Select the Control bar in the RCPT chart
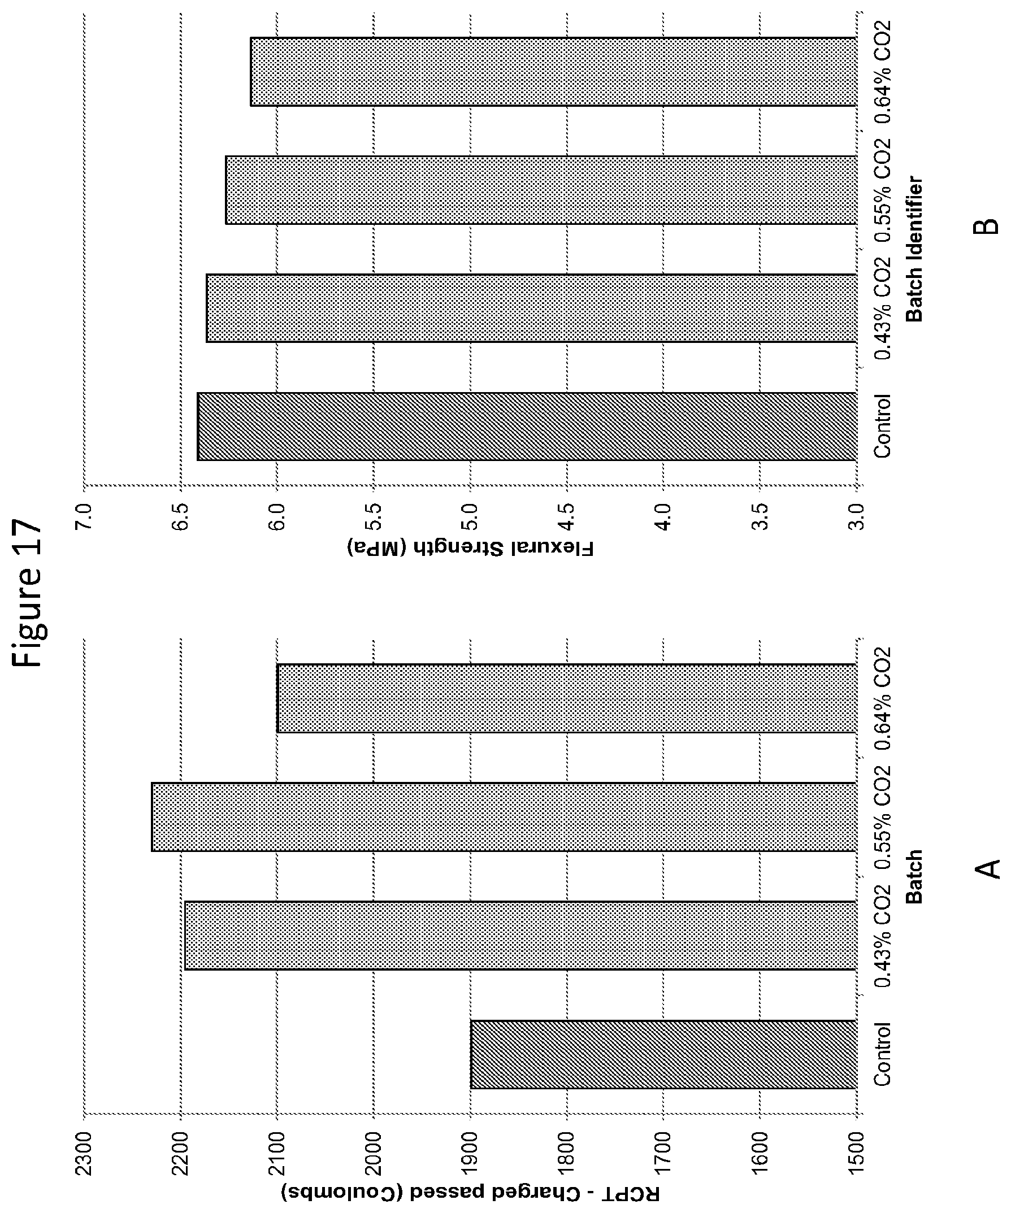pyautogui.click(x=663, y=1055)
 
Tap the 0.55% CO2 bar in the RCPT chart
pyautogui.click(x=503, y=817)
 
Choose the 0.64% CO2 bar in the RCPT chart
pyautogui.click(x=566, y=698)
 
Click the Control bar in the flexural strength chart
pyautogui.click(x=526, y=427)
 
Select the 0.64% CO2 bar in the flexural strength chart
pyautogui.click(x=553, y=72)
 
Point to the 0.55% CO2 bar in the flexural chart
pyautogui.click(x=540, y=190)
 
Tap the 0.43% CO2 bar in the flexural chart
pyautogui.click(x=531, y=308)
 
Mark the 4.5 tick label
pyautogui.click(x=567, y=518)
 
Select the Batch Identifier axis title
pyautogui.click(x=913, y=249)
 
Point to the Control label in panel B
pyautogui.click(x=882, y=427)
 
